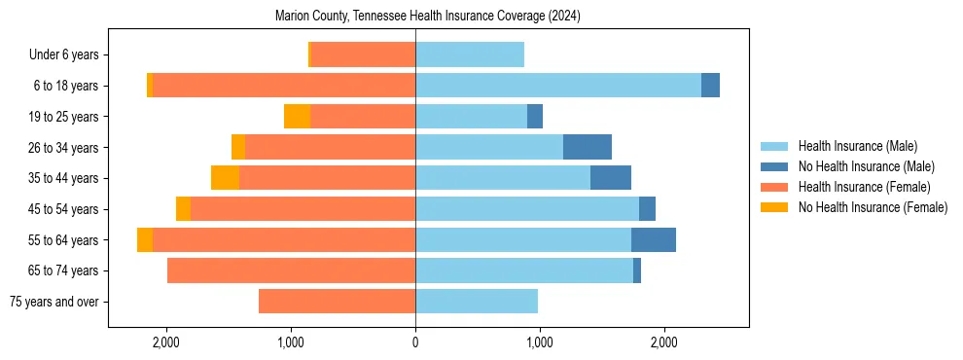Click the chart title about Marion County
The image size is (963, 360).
point(428,17)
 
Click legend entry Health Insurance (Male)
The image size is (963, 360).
point(857,146)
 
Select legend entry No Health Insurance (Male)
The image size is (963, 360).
point(866,166)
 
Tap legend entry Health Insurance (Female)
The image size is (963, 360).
point(864,187)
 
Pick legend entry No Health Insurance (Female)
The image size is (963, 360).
point(873,207)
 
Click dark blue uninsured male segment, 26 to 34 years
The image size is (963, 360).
point(588,147)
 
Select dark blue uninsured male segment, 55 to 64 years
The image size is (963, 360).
point(654,239)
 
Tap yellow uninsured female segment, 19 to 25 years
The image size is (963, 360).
point(297,117)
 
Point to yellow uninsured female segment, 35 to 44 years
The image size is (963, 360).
point(225,178)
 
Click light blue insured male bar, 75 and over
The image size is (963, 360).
point(477,302)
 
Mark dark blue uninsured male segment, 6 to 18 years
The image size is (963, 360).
point(710,86)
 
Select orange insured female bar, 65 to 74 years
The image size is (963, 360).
point(291,270)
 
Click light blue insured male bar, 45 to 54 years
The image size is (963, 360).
point(527,209)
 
